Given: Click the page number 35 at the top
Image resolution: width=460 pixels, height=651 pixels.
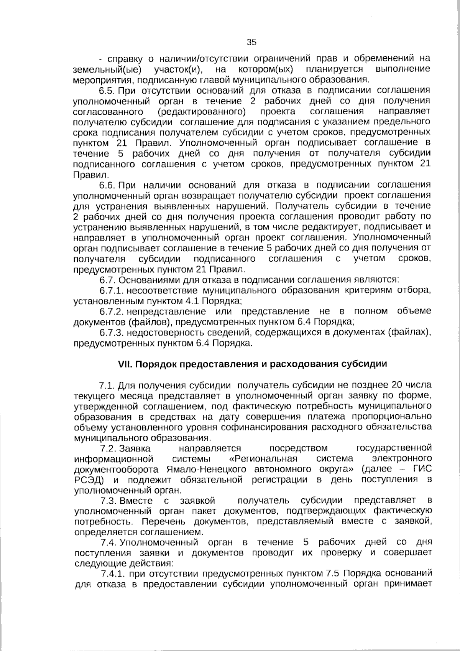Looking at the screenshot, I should pos(251,42).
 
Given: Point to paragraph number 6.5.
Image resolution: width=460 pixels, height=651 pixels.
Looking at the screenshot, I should pos(107,91).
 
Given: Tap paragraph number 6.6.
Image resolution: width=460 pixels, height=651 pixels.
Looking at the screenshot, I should pos(107,185).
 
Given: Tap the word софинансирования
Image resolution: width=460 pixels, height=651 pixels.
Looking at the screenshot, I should pos(308,427).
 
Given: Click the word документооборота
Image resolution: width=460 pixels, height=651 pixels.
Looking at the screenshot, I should pos(116,469).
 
